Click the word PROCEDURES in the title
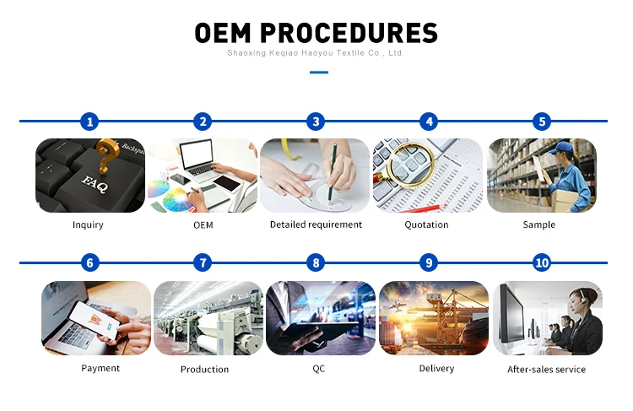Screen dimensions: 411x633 tap(349, 33)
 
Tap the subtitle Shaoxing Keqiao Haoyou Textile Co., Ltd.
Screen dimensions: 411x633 tap(316, 52)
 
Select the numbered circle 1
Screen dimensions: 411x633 tap(90, 122)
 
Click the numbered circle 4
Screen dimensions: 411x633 tap(430, 122)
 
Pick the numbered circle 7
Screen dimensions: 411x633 tap(203, 262)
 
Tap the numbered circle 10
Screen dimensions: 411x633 tap(543, 262)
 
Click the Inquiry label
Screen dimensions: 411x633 tap(88, 225)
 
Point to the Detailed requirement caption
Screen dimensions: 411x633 tap(316, 225)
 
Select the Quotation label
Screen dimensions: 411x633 tap(427, 225)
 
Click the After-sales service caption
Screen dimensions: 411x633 tap(546, 370)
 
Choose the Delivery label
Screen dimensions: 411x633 tap(436, 368)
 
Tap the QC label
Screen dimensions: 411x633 tap(318, 368)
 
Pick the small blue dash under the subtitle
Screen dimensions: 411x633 tap(318, 73)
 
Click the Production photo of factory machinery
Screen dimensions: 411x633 tap(208, 318)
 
